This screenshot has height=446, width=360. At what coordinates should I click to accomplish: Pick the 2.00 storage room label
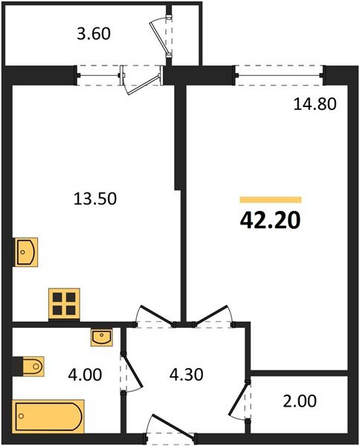(300, 402)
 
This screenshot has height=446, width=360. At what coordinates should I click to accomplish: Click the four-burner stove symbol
(64, 303)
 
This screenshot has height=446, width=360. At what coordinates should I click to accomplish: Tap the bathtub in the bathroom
(46, 416)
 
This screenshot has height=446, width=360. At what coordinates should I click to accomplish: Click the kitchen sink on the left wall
(25, 252)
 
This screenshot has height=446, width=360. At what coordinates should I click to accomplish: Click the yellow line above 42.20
(270, 199)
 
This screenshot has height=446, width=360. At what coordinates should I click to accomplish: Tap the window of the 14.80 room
(280, 71)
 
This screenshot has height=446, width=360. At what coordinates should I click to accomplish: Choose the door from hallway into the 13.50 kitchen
(155, 317)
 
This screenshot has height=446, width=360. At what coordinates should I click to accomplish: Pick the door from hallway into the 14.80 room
(213, 317)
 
